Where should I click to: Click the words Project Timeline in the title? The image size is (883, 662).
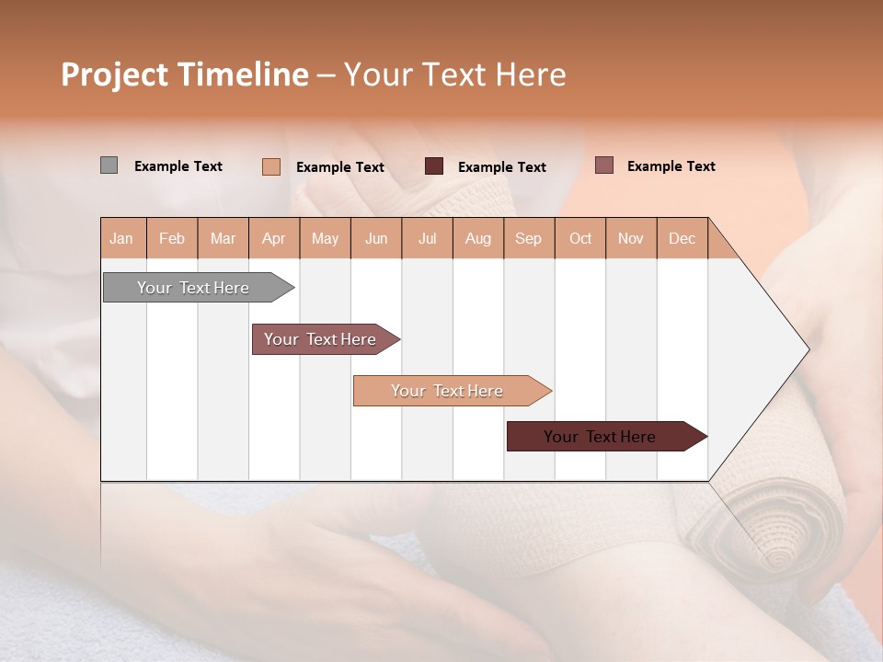[x=184, y=74]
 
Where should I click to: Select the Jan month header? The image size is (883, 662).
[x=122, y=238]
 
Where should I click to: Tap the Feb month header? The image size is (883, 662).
[x=172, y=238]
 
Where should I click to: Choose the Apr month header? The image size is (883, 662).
[x=274, y=238]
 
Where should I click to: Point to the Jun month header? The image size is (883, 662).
[x=376, y=238]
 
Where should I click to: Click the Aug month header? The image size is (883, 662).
[x=478, y=238]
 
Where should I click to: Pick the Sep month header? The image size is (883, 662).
[x=529, y=238]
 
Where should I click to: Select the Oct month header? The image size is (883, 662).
[x=580, y=238]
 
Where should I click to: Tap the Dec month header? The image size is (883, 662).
[x=682, y=238]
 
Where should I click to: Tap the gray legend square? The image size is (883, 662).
[x=109, y=165]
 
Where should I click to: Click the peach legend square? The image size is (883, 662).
[x=270, y=166]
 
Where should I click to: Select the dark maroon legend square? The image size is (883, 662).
[x=434, y=166]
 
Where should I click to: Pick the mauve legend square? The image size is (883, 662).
[x=603, y=165]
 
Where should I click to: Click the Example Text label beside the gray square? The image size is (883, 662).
[x=178, y=166]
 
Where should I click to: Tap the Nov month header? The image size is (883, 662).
[x=631, y=238]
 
